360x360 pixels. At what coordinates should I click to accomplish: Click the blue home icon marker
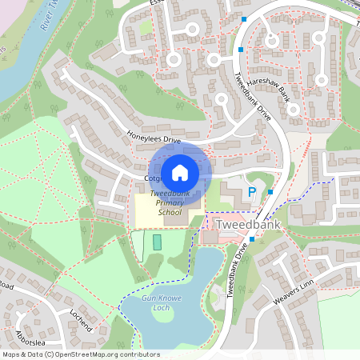180,171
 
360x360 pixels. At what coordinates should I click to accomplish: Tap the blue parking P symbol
251,192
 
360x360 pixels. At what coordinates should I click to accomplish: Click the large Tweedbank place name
251,226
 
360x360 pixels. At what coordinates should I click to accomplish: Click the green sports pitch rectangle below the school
157,242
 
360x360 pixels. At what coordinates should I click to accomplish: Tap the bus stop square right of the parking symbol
271,192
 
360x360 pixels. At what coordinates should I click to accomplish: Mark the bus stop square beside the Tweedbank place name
252,238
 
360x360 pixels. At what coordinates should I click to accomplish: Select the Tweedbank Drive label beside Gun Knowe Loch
238,274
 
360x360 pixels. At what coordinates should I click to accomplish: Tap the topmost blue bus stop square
243,18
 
